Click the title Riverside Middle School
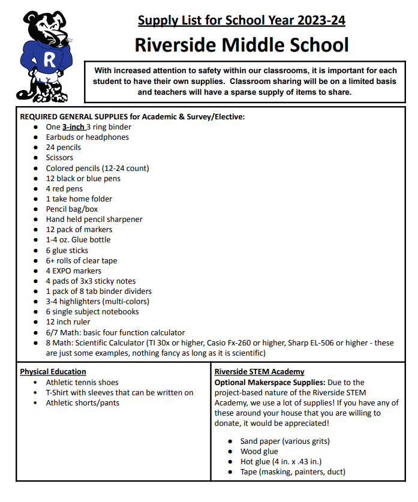(x=241, y=44)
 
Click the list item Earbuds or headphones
(x=87, y=137)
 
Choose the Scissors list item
(x=59, y=158)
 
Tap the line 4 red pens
(x=64, y=188)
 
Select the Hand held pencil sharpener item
(x=94, y=220)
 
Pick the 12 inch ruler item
(x=69, y=322)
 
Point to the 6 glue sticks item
(x=67, y=251)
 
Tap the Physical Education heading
(x=53, y=372)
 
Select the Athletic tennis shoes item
(x=82, y=383)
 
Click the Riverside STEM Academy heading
(x=259, y=372)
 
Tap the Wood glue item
(x=259, y=452)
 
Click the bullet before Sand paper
(x=231, y=441)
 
